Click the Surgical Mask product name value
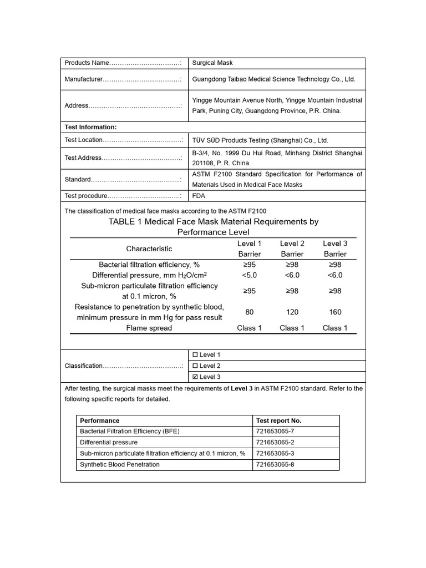[212, 63]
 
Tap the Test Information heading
[90, 127]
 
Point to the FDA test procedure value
[198, 196]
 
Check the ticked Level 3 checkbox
[195, 377]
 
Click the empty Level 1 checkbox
[195, 355]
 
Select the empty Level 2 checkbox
[195, 366]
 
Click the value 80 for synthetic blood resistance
[250, 312]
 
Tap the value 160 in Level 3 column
[335, 312]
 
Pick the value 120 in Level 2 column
[292, 312]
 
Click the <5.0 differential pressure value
[250, 275]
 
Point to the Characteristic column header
[149, 248]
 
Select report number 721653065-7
[275, 432]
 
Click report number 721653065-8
[275, 465]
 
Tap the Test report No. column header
[279, 420]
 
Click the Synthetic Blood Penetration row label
[120, 465]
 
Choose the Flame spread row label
[149, 328]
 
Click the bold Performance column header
[100, 420]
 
